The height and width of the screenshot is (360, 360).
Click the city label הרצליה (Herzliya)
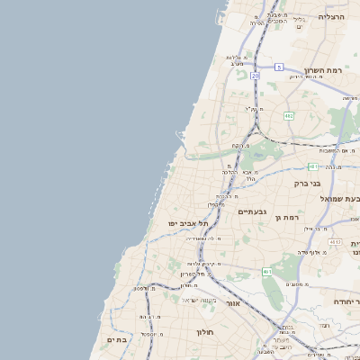pos(332,17)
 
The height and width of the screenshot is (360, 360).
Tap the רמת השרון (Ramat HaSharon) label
pos(325,70)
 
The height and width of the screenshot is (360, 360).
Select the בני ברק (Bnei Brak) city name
pos(308,183)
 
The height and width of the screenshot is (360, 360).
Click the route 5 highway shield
pos(280,67)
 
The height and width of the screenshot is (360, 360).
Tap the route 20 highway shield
pos(255,76)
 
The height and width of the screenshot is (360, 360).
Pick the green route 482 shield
pos(289,115)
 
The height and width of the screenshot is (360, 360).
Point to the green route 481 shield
pos(312,166)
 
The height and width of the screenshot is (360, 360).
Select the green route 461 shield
pos(267,271)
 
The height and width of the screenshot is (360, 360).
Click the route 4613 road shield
pos(335,242)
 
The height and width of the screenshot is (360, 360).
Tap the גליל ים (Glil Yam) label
pos(301,22)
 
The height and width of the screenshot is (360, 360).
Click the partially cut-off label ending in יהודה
pos(346,301)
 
